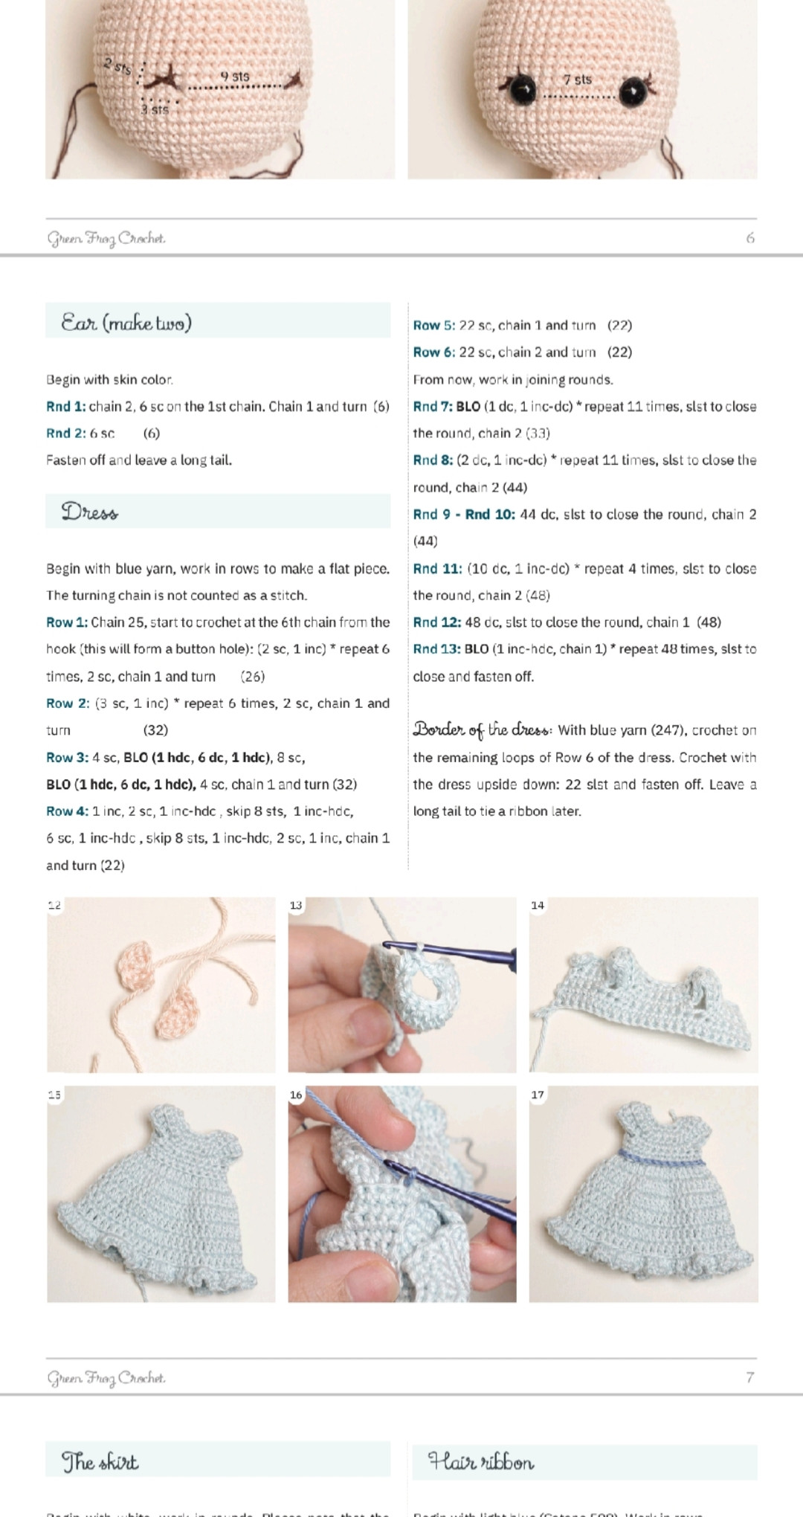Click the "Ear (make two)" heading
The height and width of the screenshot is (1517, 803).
[x=126, y=323]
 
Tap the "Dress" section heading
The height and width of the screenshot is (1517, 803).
[x=90, y=512]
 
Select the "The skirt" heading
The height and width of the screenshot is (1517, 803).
[x=100, y=1461]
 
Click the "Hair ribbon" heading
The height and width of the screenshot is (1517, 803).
[x=481, y=1462]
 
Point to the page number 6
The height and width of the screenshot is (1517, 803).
[x=749, y=238]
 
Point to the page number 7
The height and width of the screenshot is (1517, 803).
[x=749, y=1377]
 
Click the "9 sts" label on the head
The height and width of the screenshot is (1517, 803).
[x=235, y=77]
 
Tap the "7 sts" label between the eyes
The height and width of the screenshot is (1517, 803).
[x=577, y=80]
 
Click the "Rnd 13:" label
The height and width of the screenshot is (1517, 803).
[x=436, y=649]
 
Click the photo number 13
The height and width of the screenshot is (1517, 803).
[x=296, y=905]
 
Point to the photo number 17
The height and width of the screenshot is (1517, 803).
[x=538, y=1095]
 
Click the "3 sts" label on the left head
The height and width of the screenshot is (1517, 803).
[x=155, y=110]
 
